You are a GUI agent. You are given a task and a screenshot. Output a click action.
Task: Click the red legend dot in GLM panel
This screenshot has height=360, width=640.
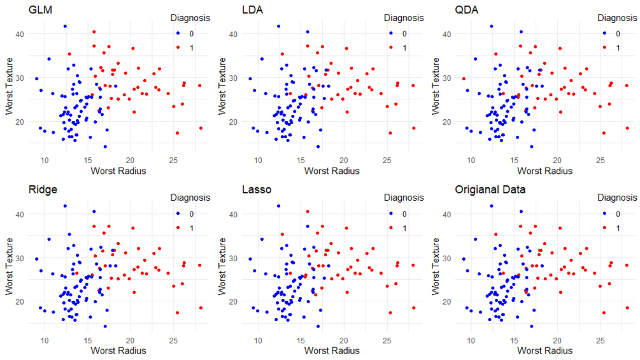(x=178, y=48)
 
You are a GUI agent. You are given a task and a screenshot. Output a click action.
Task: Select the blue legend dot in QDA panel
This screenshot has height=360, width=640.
(x=604, y=33)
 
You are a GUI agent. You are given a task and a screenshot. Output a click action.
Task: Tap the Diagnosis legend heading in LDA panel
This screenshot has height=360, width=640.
(x=404, y=18)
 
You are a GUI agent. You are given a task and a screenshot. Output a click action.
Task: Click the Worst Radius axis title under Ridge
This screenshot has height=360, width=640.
(x=118, y=350)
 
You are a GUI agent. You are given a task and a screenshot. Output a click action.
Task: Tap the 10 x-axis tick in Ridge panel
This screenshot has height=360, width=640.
(x=45, y=341)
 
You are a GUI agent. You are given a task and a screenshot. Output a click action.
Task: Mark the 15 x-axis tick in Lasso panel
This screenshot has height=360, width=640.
(x=301, y=341)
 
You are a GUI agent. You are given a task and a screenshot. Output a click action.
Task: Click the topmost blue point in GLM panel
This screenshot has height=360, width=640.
(x=65, y=26)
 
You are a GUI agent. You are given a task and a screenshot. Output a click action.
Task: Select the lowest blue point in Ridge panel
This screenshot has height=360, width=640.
(x=106, y=326)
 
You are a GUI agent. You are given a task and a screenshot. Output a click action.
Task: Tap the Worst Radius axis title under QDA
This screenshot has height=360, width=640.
(x=545, y=171)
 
